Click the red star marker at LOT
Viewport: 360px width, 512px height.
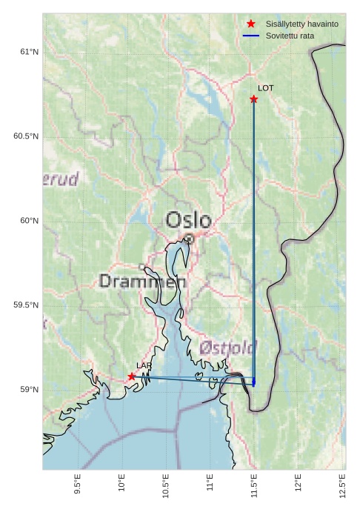(254, 99)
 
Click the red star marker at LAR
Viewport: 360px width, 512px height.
(132, 376)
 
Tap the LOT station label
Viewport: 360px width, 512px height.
(265, 88)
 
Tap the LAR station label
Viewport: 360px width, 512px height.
(144, 366)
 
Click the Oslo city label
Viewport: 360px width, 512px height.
(188, 220)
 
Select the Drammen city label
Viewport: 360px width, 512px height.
(142, 282)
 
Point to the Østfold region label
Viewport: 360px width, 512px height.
(227, 348)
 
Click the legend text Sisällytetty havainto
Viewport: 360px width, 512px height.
(301, 24)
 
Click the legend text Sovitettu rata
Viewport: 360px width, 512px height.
(290, 36)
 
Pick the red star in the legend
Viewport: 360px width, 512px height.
(251, 24)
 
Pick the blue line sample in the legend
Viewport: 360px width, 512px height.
(251, 36)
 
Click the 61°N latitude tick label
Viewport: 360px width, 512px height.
(28, 52)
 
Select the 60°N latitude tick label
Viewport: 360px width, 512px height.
(28, 221)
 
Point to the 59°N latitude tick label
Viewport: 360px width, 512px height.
(28, 390)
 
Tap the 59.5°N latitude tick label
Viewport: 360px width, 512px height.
(26, 305)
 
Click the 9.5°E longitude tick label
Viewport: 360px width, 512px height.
(78, 484)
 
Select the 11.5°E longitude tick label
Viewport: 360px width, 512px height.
(254, 484)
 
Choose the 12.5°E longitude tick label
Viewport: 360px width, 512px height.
(342, 484)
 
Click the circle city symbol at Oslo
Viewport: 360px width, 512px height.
(190, 239)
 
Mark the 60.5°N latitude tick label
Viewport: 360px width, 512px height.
(26, 136)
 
